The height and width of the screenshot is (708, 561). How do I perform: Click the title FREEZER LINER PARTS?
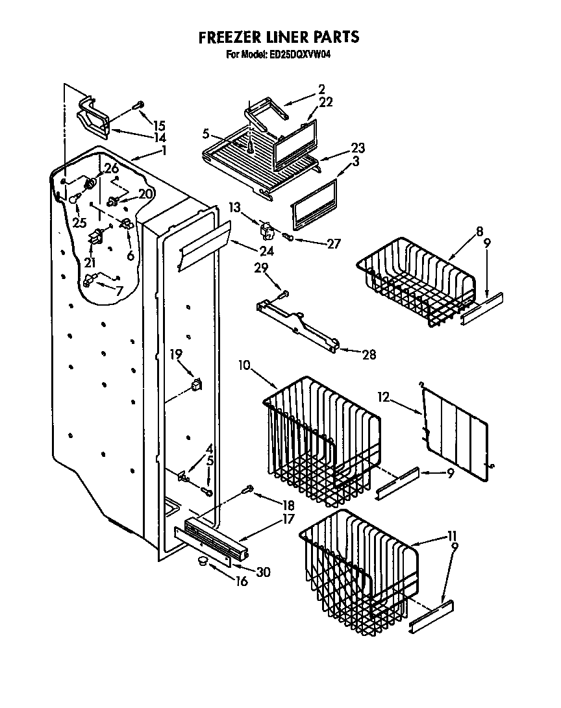[279, 37]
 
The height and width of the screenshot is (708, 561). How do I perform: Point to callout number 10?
[245, 365]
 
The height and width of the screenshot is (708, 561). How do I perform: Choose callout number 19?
[176, 354]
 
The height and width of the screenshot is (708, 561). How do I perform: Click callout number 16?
[242, 581]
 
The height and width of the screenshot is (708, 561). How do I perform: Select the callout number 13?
[234, 207]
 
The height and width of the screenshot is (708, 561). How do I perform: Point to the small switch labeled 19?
[195, 385]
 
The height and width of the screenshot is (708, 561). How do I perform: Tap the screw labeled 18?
[247, 490]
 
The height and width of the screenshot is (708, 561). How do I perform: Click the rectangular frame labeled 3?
[314, 204]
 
